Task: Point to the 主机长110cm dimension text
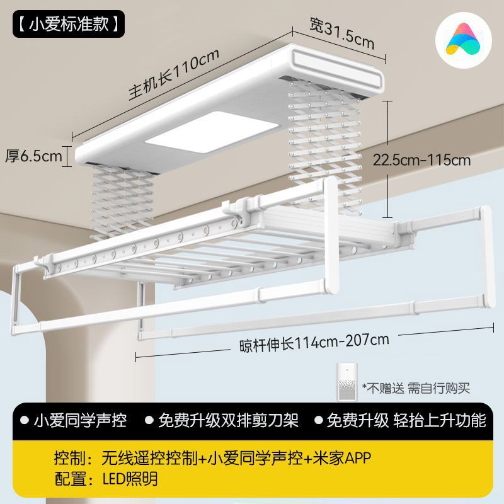(173, 74)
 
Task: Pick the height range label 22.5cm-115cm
(431, 159)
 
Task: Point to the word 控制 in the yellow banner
(69, 457)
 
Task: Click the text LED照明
(130, 479)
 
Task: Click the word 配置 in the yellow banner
(69, 479)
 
